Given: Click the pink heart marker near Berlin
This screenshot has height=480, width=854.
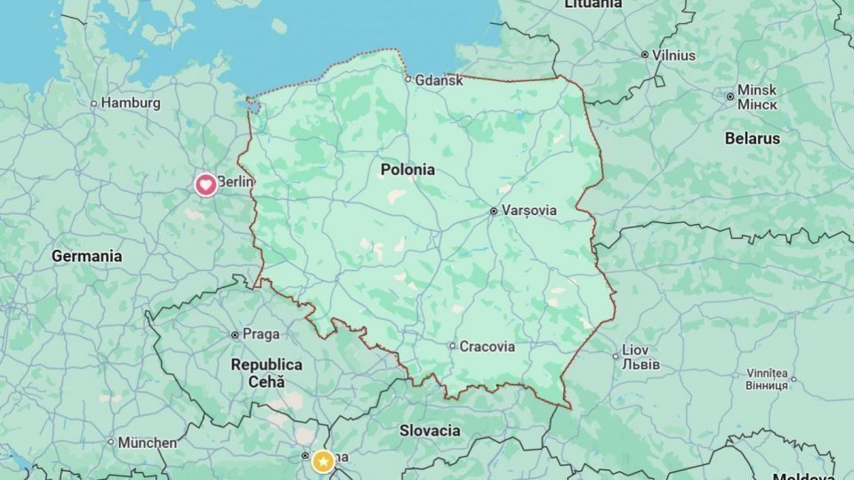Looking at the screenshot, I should (205, 185).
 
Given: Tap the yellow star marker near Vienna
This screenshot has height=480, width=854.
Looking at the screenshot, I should (323, 461).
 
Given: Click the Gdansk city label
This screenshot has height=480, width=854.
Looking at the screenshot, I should (439, 80).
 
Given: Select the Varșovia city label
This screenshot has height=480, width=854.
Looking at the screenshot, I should (529, 211).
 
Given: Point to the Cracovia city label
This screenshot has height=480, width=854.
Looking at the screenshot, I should (487, 347).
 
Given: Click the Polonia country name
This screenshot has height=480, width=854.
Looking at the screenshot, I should (407, 169).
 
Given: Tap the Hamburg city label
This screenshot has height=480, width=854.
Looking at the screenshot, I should (131, 103).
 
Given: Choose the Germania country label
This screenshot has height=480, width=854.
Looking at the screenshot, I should (86, 256).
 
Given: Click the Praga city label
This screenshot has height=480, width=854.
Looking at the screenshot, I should (261, 334).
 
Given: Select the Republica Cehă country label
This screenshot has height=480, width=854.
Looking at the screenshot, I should (266, 372).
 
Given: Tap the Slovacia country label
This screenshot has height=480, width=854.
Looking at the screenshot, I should (430, 431).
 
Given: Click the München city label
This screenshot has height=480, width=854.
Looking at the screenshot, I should (148, 442).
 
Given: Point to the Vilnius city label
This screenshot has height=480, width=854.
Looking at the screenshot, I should (673, 54).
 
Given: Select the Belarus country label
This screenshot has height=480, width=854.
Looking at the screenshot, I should (752, 139).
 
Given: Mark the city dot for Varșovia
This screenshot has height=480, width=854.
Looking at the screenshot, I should (494, 212).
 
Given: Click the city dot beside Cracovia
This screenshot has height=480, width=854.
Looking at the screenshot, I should (452, 347).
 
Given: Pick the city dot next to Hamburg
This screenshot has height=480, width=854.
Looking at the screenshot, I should (93, 103).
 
